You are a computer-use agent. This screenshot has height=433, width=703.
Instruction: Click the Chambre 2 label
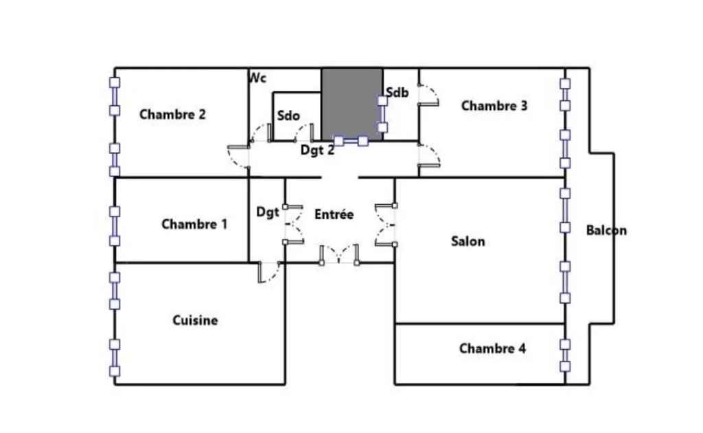tap(172, 114)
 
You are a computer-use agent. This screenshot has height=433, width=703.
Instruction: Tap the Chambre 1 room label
tap(194, 224)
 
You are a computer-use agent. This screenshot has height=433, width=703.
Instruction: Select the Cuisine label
tap(195, 320)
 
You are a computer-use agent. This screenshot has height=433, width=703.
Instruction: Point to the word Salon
tap(468, 241)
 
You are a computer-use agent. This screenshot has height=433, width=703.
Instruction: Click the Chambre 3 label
tap(494, 106)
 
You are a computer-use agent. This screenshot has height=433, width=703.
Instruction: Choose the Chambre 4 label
tap(493, 348)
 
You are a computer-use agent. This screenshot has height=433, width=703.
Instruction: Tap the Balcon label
tap(607, 231)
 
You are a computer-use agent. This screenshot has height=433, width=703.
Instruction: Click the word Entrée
tap(334, 214)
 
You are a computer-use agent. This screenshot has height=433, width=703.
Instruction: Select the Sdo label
tap(288, 115)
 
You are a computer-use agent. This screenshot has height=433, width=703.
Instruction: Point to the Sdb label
tap(397, 92)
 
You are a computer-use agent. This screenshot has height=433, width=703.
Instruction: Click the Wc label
tap(258, 78)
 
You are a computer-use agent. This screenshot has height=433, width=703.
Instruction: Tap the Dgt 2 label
tap(317, 150)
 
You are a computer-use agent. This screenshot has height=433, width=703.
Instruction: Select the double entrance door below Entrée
tap(339, 254)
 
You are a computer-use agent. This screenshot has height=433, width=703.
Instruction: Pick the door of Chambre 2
tap(238, 157)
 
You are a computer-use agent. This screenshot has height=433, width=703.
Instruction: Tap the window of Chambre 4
tap(566, 355)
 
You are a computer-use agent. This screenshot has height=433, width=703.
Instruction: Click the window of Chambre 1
tap(115, 226)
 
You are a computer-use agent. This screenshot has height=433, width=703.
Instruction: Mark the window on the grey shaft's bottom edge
tap(351, 142)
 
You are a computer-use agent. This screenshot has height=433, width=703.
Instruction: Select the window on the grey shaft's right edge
tap(382, 114)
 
